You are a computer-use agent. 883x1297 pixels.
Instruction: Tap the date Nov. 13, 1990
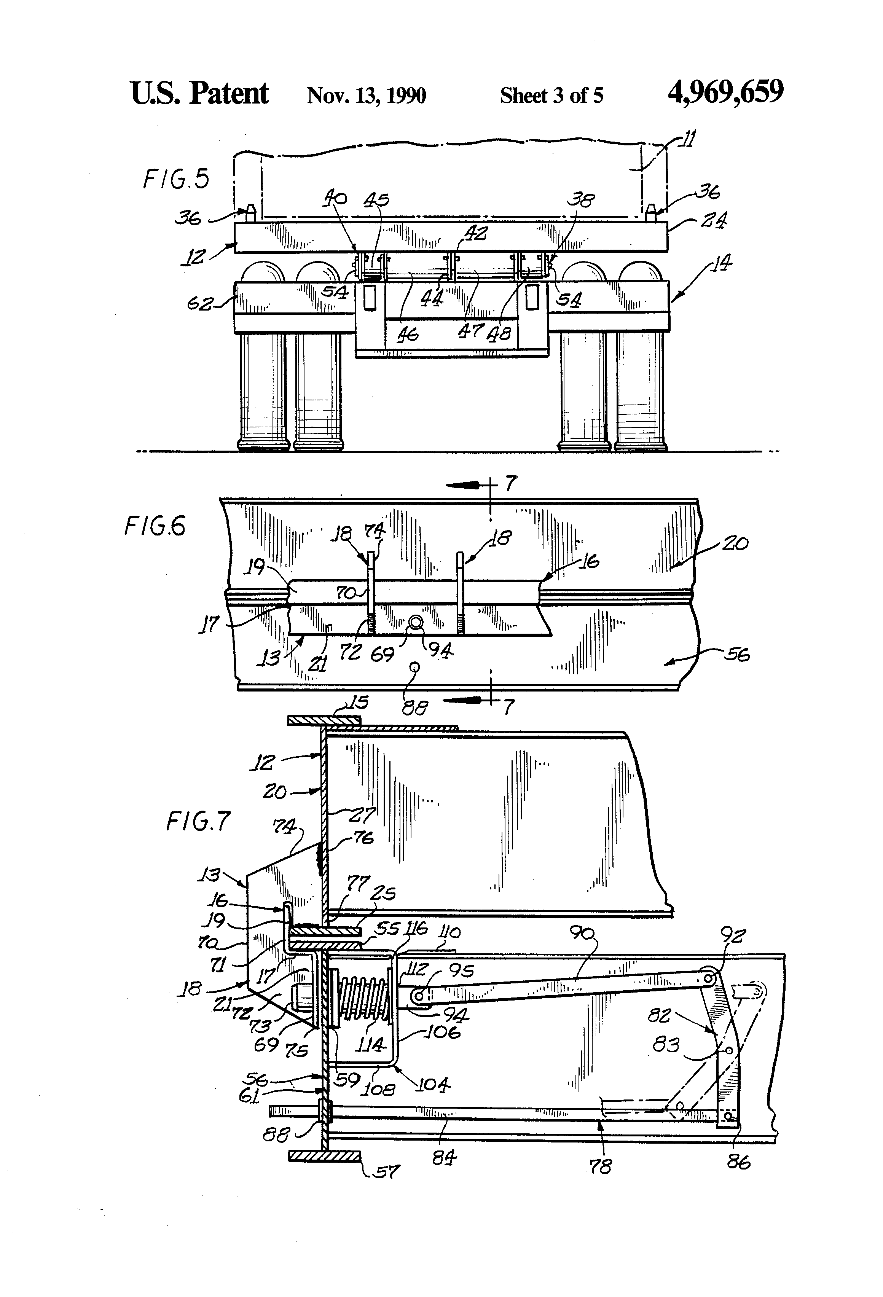[366, 96]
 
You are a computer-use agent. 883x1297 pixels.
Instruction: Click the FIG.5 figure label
[176, 179]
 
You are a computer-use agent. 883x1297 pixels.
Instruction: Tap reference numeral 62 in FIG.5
[199, 304]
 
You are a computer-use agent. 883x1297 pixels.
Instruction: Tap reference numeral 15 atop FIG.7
[357, 702]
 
